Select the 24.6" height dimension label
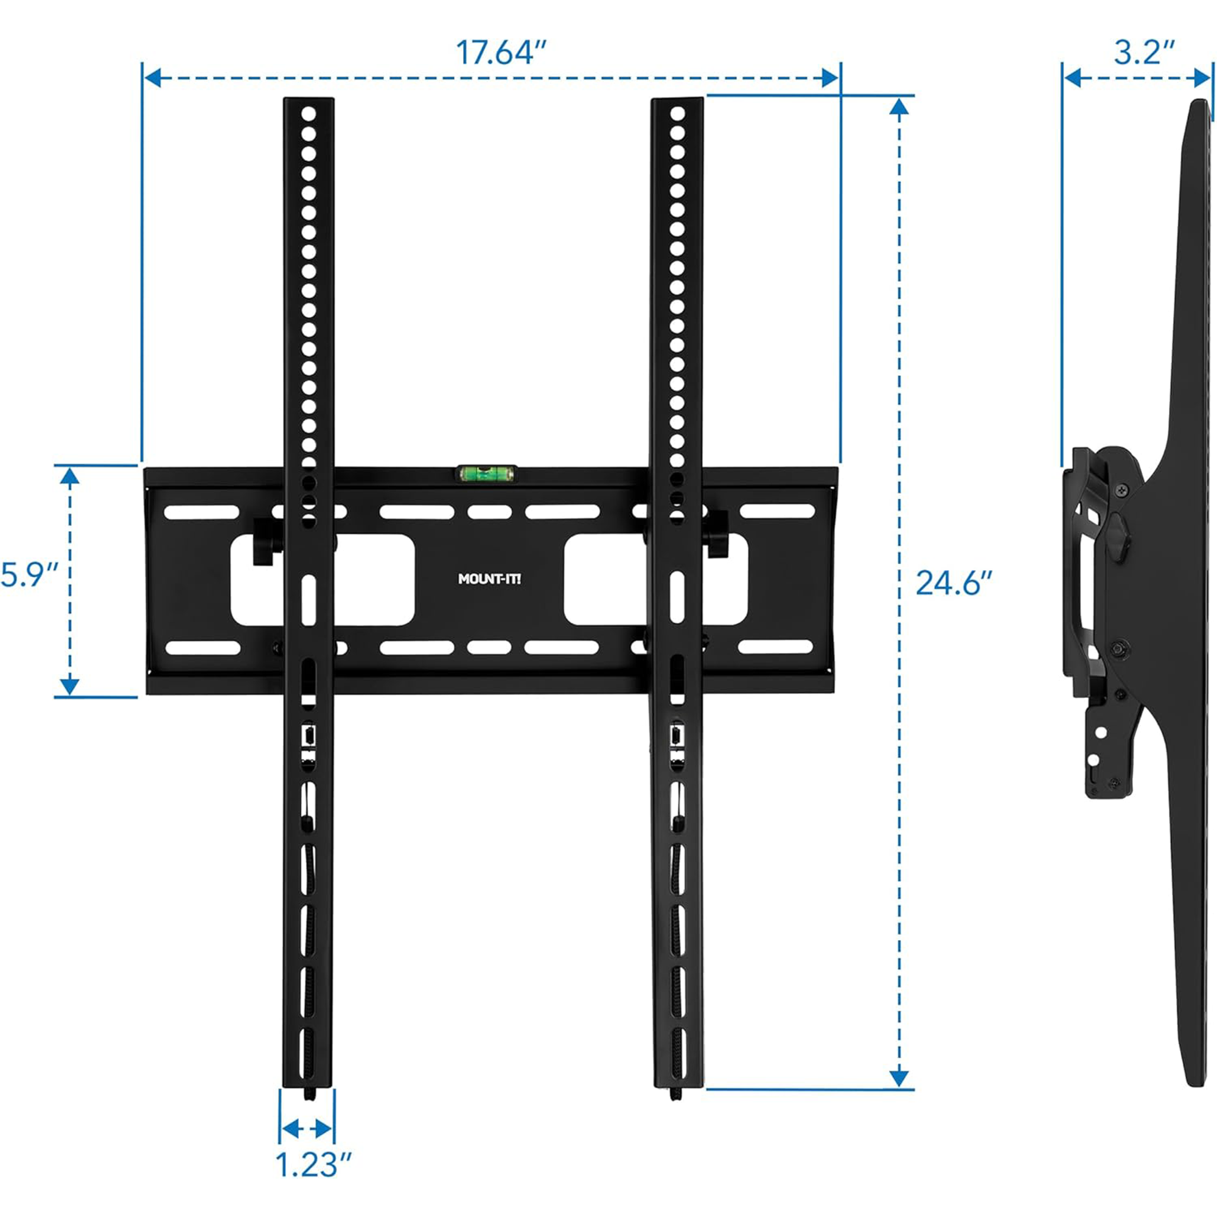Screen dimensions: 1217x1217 954,583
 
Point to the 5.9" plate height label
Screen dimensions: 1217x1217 29,574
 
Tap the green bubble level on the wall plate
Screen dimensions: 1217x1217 487,472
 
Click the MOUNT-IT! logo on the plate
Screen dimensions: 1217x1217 489,579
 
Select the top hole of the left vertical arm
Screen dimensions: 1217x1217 309,114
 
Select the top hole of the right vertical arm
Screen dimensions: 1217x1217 678,114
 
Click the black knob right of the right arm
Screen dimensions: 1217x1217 716,534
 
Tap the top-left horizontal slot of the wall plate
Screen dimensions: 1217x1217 201,512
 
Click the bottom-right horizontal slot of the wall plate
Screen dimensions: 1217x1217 775,646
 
